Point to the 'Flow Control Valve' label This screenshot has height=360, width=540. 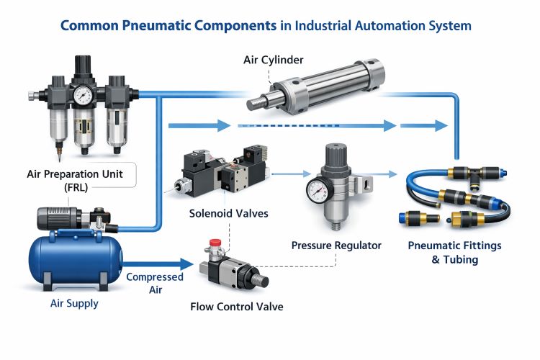(236, 307)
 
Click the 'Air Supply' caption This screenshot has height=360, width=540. (74, 303)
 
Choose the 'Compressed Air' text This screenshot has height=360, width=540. (155, 284)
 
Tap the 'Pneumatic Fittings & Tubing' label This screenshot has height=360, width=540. (454, 252)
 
